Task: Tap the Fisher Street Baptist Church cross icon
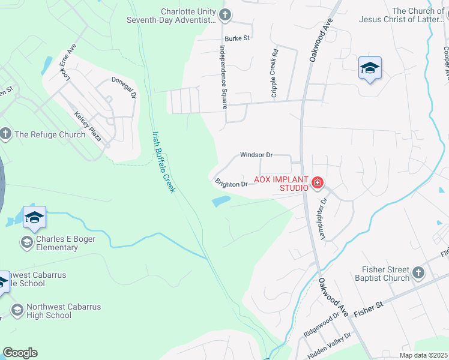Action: pos(418,274)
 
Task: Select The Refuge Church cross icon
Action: pos(6,134)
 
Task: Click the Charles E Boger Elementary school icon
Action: pos(26,242)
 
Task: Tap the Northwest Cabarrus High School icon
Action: pos(17,310)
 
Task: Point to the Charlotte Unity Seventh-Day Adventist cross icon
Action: pos(224,15)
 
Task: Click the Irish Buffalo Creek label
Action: pos(163,162)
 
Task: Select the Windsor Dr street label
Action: pos(256,155)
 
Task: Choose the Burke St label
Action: pos(238,38)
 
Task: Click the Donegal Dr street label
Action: pos(124,87)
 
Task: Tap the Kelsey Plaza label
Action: pos(88,127)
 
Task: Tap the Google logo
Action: pos(20,353)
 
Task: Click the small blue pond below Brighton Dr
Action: pos(220,202)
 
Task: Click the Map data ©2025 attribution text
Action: pos(423,355)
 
